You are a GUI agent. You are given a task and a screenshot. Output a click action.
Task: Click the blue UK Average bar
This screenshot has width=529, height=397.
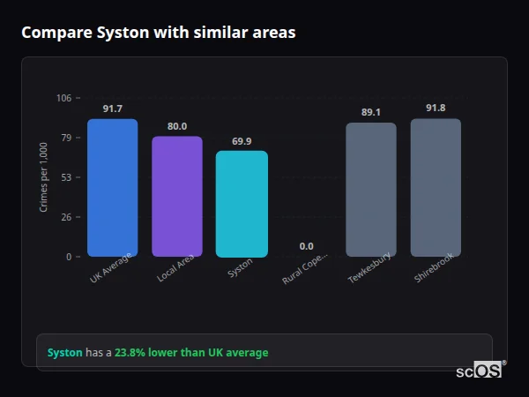pyautogui.click(x=112, y=188)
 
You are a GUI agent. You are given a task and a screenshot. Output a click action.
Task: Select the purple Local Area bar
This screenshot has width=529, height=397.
pyautogui.click(x=177, y=196)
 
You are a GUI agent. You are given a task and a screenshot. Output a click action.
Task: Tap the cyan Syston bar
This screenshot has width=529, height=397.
pyautogui.click(x=242, y=204)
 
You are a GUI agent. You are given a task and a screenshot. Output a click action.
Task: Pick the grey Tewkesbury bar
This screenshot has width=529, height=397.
pyautogui.click(x=371, y=190)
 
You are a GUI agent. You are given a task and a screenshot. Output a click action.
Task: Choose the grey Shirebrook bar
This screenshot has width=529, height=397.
pyautogui.click(x=436, y=188)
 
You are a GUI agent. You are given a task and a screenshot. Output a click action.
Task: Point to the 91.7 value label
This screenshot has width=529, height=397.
pyautogui.click(x=112, y=109)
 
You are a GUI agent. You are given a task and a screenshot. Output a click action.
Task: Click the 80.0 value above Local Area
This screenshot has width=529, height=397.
pyautogui.click(x=177, y=126)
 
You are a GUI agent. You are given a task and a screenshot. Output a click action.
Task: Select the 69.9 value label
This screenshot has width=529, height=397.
pyautogui.click(x=242, y=141)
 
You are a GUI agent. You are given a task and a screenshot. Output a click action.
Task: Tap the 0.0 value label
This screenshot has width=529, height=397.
pyautogui.click(x=306, y=246)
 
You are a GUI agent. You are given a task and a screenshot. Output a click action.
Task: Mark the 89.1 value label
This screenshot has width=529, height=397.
pyautogui.click(x=371, y=112)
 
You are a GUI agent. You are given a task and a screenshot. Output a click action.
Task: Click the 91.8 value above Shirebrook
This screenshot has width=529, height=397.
pyautogui.click(x=436, y=108)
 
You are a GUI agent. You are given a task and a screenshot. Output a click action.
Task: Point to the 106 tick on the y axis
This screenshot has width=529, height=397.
pyautogui.click(x=63, y=98)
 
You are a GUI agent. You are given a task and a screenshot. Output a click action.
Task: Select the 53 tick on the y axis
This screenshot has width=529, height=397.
pyautogui.click(x=66, y=177)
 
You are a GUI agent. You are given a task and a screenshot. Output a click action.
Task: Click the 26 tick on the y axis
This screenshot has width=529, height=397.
pyautogui.click(x=66, y=217)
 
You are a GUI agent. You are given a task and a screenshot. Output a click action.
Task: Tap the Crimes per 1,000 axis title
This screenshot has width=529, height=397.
pyautogui.click(x=44, y=176)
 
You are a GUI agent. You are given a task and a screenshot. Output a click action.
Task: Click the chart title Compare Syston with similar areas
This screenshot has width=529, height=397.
pyautogui.click(x=158, y=33)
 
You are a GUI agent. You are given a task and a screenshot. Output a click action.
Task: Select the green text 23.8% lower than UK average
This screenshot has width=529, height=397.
pyautogui.click(x=191, y=353)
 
